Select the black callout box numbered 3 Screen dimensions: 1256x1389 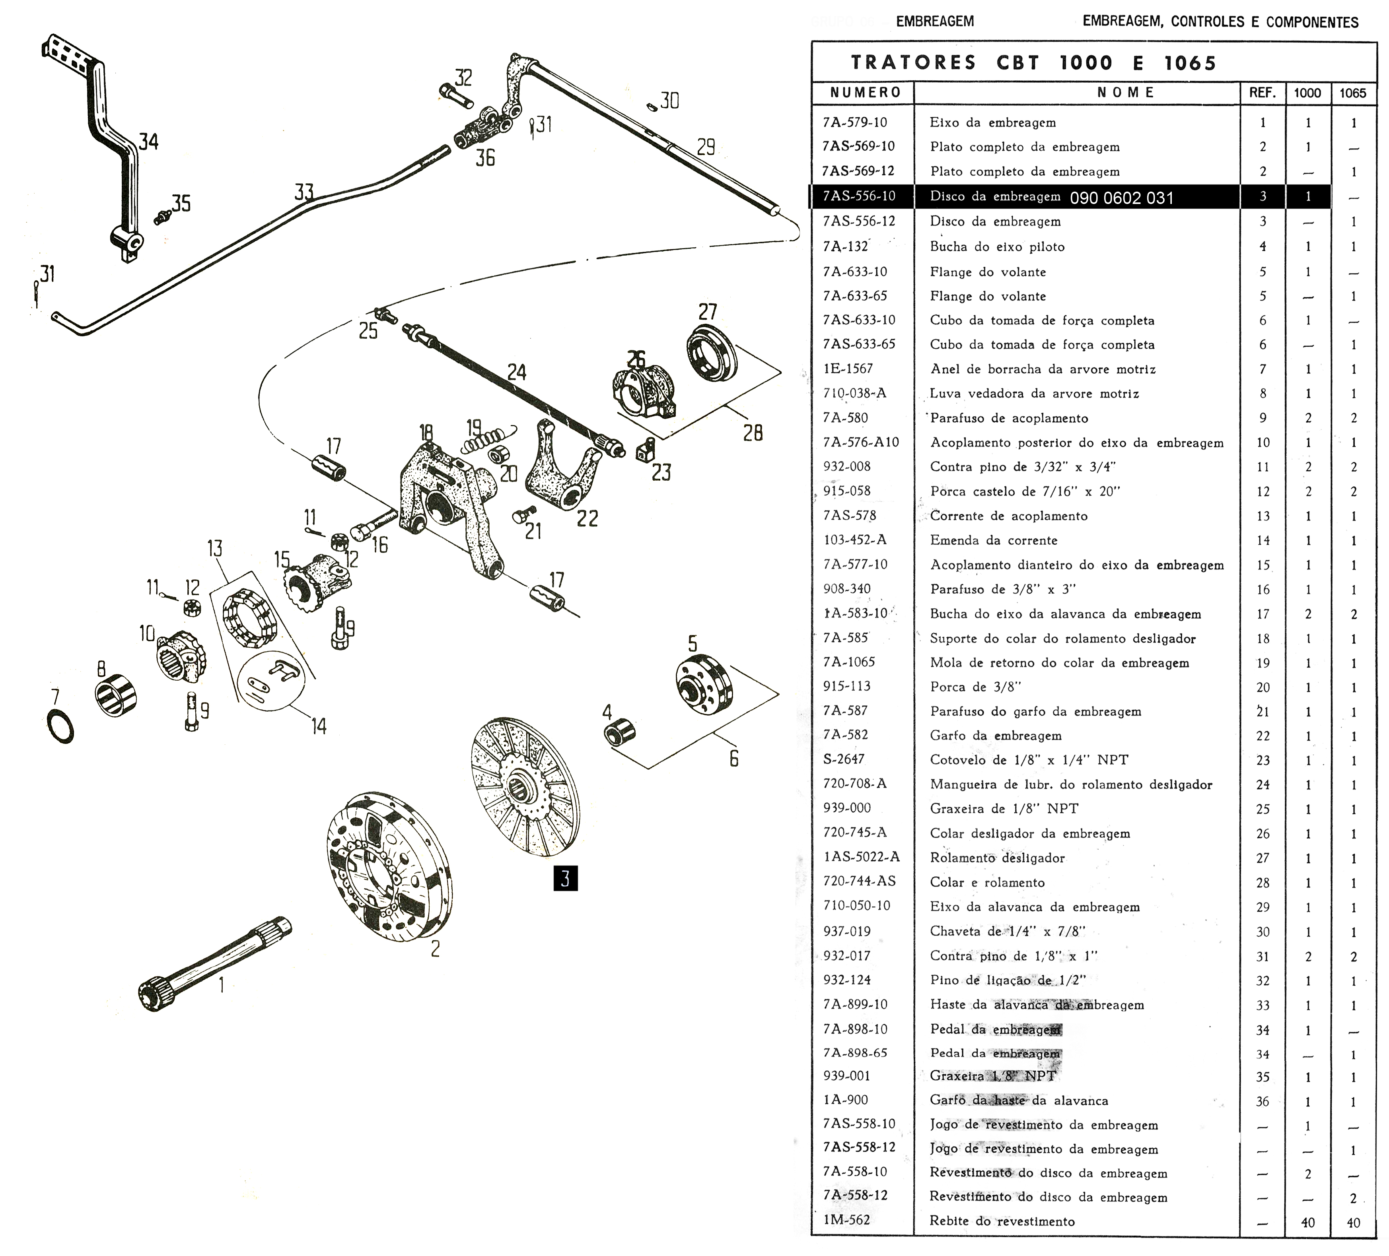[x=565, y=879]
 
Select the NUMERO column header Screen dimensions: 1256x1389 [x=866, y=92]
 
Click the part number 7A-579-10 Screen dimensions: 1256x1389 [x=855, y=122]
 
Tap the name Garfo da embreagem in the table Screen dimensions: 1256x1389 [x=996, y=736]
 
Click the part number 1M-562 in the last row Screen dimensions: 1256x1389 [x=847, y=1219]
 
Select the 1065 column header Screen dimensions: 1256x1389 [x=1352, y=93]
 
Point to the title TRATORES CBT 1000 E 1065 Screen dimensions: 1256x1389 [x=1033, y=63]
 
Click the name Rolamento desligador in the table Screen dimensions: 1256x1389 [x=997, y=858]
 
